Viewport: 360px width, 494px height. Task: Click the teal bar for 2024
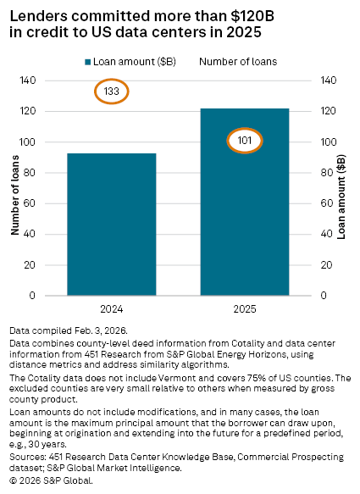click(x=112, y=224)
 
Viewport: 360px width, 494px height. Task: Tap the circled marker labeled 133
click(x=112, y=91)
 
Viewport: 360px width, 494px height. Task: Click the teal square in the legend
click(x=88, y=61)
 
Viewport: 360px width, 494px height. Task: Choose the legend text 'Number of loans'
click(x=236, y=61)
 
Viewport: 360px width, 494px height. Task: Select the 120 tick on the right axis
click(x=329, y=111)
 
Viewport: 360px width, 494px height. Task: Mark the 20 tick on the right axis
click(x=326, y=265)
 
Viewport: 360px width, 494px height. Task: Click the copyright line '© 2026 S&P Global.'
click(x=51, y=480)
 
